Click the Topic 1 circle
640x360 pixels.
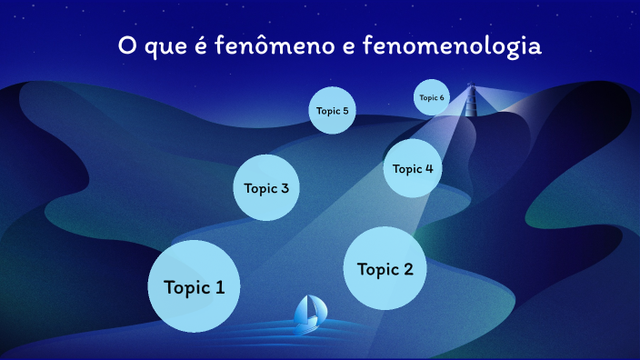pyautogui.click(x=194, y=286)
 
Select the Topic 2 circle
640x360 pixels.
pyautogui.click(x=385, y=268)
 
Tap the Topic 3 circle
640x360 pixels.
pyautogui.click(x=266, y=188)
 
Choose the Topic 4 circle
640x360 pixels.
pyautogui.click(x=413, y=168)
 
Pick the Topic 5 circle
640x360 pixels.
pyautogui.click(x=331, y=111)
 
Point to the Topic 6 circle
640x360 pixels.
pyautogui.click(x=431, y=97)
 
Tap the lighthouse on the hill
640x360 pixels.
pyautogui.click(x=471, y=102)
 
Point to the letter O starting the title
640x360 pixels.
pyautogui.click(x=128, y=45)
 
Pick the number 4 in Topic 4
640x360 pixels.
pyautogui.click(x=428, y=168)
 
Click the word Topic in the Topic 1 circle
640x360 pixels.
pyautogui.click(x=185, y=287)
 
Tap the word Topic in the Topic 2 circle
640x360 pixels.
pyautogui.click(x=376, y=269)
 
